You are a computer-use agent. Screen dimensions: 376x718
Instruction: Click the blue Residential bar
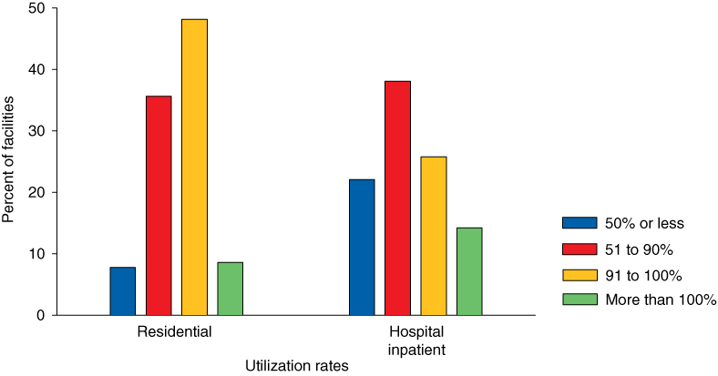[122, 290]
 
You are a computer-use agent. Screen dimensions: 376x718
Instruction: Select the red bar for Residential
[159, 205]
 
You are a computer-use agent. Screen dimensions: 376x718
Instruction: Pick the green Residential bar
[230, 288]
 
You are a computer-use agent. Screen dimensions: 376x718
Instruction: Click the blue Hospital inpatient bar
[361, 247]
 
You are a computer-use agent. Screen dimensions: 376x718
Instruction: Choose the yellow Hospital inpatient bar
[434, 235]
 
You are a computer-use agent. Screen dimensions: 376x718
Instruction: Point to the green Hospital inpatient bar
[469, 270]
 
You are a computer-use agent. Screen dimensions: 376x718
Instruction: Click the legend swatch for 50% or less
[579, 223]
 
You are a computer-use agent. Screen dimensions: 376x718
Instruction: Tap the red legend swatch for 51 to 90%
[579, 249]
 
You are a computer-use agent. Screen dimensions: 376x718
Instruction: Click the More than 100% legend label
[654, 300]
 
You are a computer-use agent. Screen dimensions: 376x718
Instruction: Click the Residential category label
[175, 332]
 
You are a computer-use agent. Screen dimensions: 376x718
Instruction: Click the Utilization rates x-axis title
[297, 365]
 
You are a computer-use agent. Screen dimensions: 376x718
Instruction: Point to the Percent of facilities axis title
[9, 161]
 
